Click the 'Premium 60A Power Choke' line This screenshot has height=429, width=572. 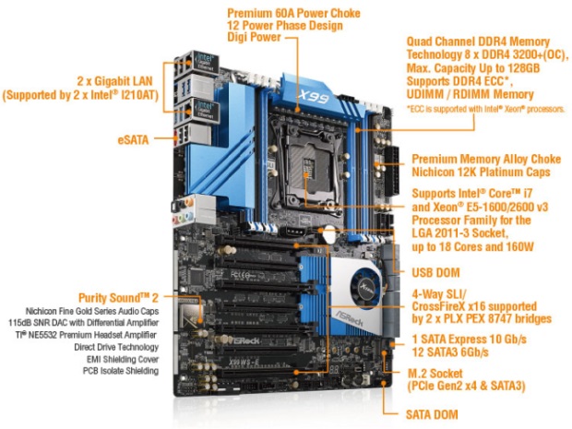[x=292, y=13]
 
